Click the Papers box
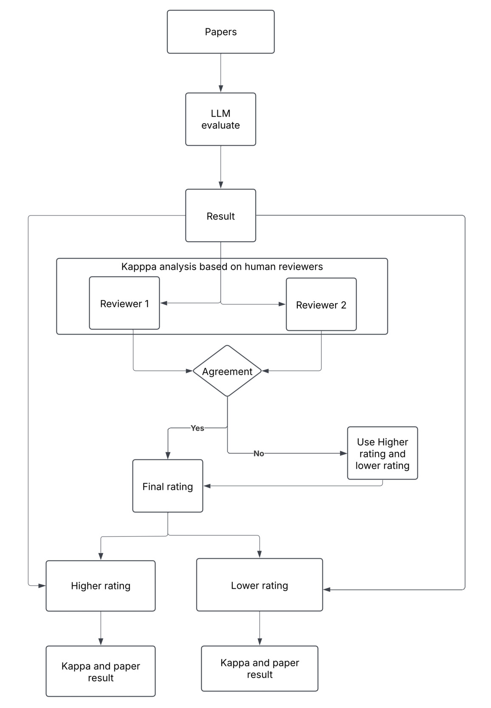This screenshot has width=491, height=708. [x=220, y=32]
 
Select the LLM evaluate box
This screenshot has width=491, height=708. [x=220, y=119]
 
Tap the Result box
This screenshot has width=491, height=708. [x=220, y=216]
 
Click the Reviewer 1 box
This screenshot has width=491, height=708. [x=124, y=303]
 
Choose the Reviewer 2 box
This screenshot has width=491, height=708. [x=321, y=305]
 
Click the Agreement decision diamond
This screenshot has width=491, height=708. [x=227, y=371]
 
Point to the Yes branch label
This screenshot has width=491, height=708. [x=197, y=428]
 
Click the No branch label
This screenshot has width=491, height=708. [x=258, y=454]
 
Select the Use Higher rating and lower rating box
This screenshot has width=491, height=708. [x=382, y=453]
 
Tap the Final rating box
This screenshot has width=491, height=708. [x=167, y=486]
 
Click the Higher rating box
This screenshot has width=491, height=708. [x=100, y=586]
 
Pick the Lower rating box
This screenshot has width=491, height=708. [x=259, y=585]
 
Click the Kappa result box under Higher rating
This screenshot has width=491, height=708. [x=100, y=671]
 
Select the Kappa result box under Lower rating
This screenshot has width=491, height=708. [x=259, y=669]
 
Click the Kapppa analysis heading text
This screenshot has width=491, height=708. [x=222, y=267]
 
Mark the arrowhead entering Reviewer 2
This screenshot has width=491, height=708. [x=282, y=304]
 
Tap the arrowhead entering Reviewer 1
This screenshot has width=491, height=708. [x=164, y=303]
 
